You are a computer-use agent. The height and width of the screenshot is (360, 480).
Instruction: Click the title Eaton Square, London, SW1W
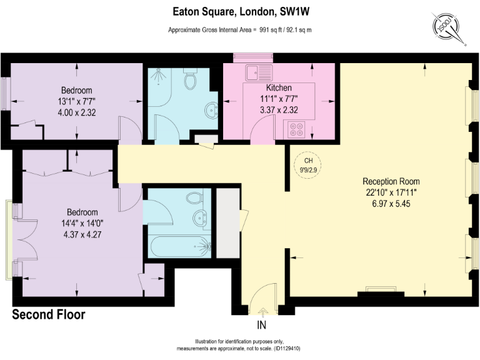point(239,11)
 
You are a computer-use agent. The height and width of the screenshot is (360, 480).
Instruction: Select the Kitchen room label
point(278,87)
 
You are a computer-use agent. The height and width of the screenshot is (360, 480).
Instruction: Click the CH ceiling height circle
point(307,163)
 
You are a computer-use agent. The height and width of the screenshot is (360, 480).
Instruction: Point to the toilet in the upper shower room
point(191,80)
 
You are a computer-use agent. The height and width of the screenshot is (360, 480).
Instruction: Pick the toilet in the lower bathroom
point(194,199)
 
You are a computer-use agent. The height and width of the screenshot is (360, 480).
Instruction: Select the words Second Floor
point(49,315)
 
